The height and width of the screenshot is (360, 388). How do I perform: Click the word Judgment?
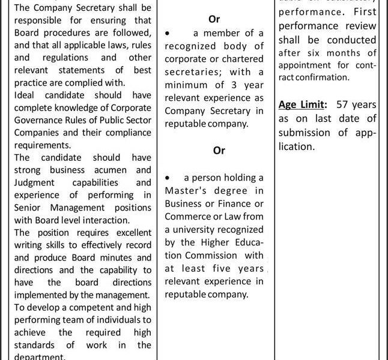point(35,182)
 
